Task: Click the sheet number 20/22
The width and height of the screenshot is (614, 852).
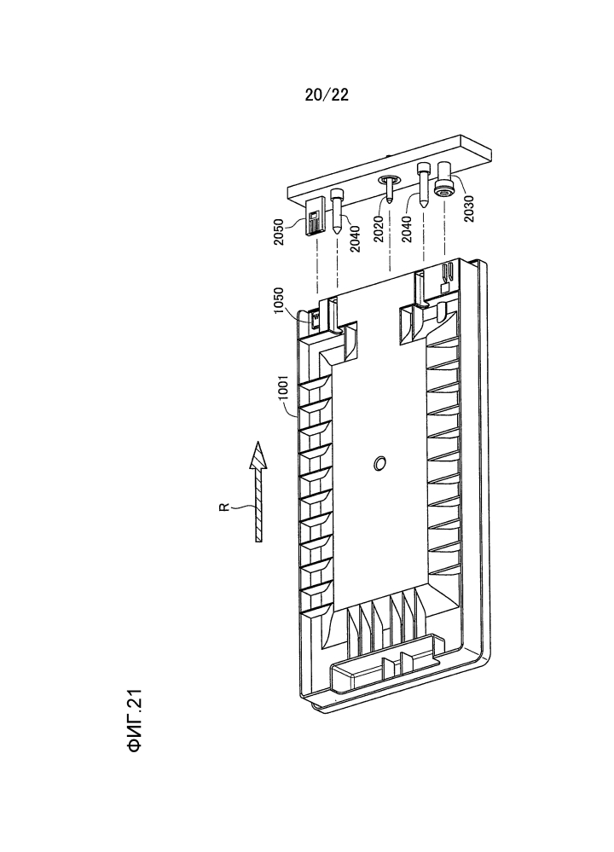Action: pos(327,95)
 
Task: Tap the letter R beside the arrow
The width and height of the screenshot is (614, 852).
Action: pos(223,507)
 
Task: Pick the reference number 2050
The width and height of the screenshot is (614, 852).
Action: pos(278,232)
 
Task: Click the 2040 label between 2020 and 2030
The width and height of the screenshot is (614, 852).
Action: pos(407,229)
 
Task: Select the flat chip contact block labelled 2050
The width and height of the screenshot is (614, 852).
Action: pos(315,217)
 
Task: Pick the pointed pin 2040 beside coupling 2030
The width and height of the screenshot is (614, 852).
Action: pos(424,185)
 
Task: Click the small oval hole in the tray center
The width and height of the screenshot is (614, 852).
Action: pos(379,463)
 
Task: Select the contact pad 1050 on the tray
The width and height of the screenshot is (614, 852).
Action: pos(315,318)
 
